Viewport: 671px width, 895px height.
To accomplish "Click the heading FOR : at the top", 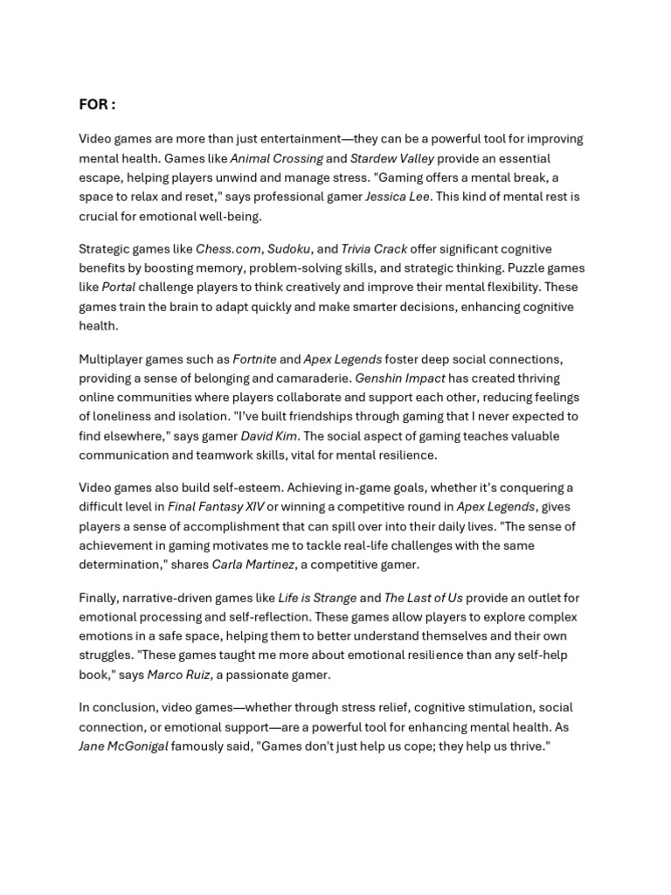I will pyautogui.click(x=97, y=105).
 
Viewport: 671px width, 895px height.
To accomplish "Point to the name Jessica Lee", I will pyautogui.click(x=397, y=197).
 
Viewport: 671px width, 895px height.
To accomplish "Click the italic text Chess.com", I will pyautogui.click(x=228, y=249).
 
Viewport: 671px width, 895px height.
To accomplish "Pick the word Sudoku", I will pyautogui.click(x=289, y=249).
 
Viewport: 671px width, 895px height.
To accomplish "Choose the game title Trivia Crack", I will pyautogui.click(x=374, y=249).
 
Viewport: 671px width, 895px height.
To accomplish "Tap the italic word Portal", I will pyautogui.click(x=118, y=287).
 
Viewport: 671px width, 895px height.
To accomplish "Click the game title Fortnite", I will pyautogui.click(x=254, y=359).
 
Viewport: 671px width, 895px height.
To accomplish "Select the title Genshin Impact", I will pyautogui.click(x=400, y=378).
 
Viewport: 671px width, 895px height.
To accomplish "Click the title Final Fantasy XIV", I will pyautogui.click(x=216, y=507).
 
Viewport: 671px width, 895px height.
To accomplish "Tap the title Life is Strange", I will pyautogui.click(x=317, y=598).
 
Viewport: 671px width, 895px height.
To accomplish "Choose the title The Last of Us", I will pyautogui.click(x=424, y=598).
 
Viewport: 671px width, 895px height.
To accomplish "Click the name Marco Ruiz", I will pyautogui.click(x=178, y=674).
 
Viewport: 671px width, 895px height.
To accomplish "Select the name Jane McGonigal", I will pyautogui.click(x=123, y=746).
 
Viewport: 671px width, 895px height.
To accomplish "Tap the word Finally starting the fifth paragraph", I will pyautogui.click(x=98, y=598).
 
